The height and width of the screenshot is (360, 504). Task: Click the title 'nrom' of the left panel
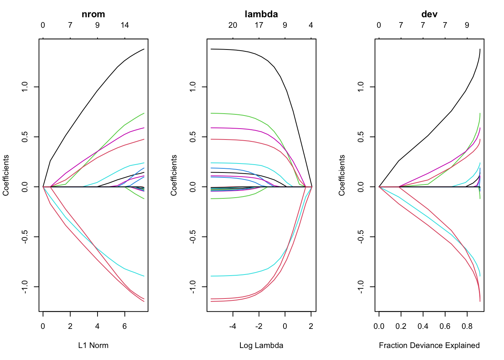click(x=93, y=14)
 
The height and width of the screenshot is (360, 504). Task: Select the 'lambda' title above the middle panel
click(x=261, y=14)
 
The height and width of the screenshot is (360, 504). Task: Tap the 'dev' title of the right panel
click(x=429, y=14)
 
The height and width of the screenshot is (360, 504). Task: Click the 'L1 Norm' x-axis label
click(x=93, y=345)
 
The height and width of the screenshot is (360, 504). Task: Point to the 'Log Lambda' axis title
click(x=261, y=345)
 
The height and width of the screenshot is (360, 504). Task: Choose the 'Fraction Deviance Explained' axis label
click(x=429, y=345)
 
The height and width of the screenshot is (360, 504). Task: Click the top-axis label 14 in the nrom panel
click(x=125, y=25)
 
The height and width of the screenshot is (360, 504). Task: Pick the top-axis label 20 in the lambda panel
click(x=232, y=25)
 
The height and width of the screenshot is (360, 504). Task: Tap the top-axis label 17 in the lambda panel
click(x=259, y=25)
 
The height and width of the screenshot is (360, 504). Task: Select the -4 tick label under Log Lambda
click(x=232, y=326)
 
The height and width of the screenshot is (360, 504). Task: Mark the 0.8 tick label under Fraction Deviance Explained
click(x=467, y=326)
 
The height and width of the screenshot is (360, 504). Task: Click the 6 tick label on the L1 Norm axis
click(x=125, y=326)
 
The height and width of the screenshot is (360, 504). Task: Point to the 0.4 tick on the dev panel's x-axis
click(x=423, y=326)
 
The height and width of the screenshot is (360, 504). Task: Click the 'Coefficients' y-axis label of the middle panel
click(x=174, y=175)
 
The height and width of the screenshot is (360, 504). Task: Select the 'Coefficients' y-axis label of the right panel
click(x=342, y=175)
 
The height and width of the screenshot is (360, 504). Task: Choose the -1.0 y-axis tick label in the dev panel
click(x=361, y=287)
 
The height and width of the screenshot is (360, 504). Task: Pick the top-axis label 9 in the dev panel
click(x=467, y=25)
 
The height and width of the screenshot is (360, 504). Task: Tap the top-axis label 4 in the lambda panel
click(x=311, y=25)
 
